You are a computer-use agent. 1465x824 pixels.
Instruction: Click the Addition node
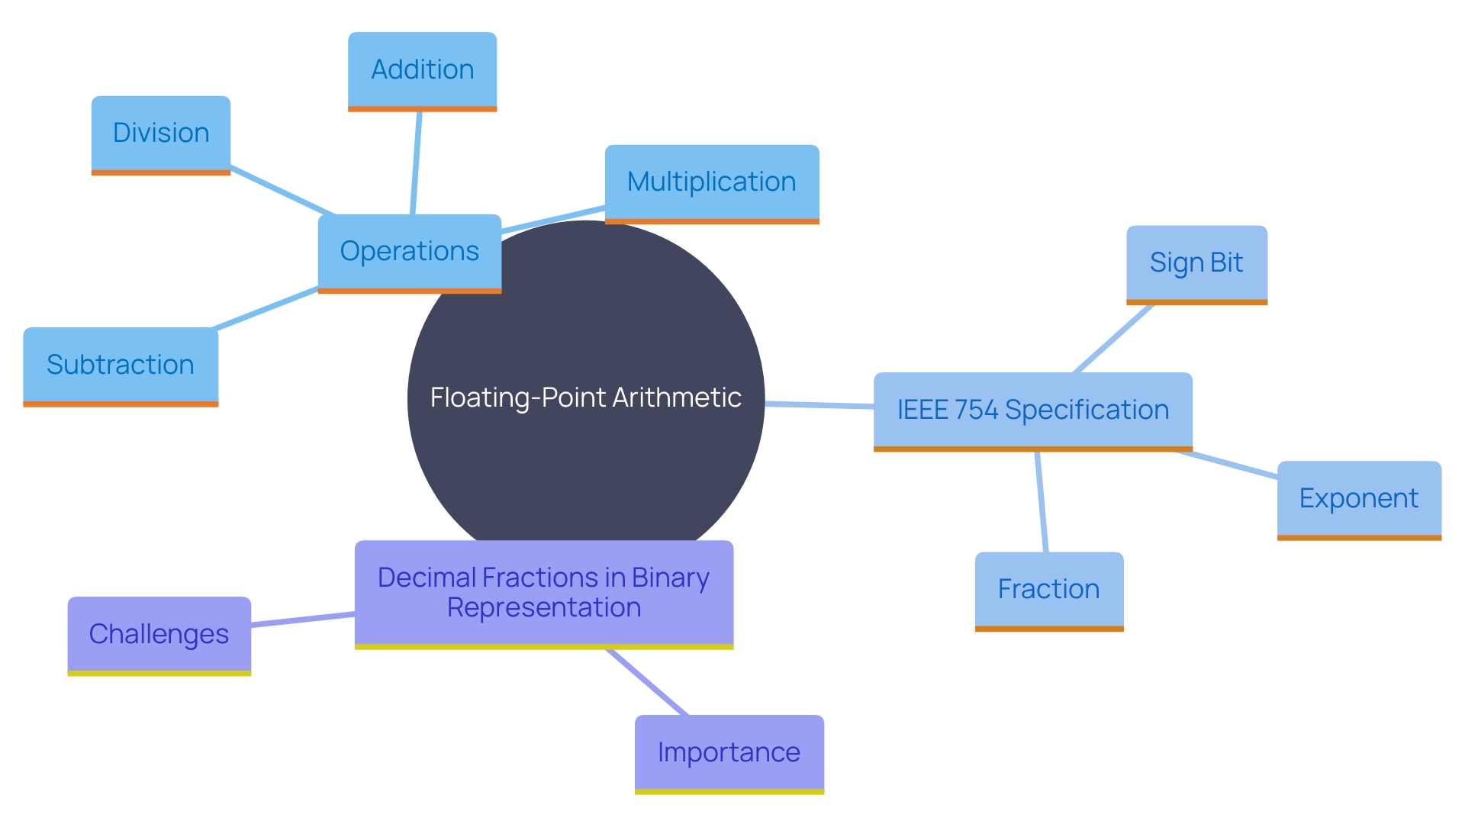tap(422, 70)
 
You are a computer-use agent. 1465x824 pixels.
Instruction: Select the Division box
tap(160, 134)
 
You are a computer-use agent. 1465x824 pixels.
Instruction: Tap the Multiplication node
tap(711, 182)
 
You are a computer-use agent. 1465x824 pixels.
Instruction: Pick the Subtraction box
tap(121, 365)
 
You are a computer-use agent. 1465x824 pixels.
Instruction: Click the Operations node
tap(409, 252)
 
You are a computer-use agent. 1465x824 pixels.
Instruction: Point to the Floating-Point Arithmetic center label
tap(585, 398)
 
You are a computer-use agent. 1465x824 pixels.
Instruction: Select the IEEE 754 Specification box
tap(1032, 410)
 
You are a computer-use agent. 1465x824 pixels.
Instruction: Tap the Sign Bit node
tap(1196, 263)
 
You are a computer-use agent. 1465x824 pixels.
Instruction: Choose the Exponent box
tap(1358, 499)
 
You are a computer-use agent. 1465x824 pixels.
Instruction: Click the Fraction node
tap(1048, 590)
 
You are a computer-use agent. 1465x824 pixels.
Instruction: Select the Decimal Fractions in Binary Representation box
tap(543, 593)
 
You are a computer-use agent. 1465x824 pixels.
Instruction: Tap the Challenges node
tap(159, 635)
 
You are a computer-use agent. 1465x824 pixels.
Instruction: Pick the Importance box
tap(729, 753)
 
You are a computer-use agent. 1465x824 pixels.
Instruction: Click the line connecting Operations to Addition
tap(416, 163)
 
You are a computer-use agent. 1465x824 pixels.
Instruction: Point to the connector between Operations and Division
tap(282, 191)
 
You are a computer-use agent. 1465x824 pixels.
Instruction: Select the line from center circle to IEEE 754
tap(819, 405)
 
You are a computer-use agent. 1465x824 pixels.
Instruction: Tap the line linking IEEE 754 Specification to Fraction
tap(1042, 501)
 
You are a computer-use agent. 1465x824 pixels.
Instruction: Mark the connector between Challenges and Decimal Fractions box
tap(302, 620)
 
